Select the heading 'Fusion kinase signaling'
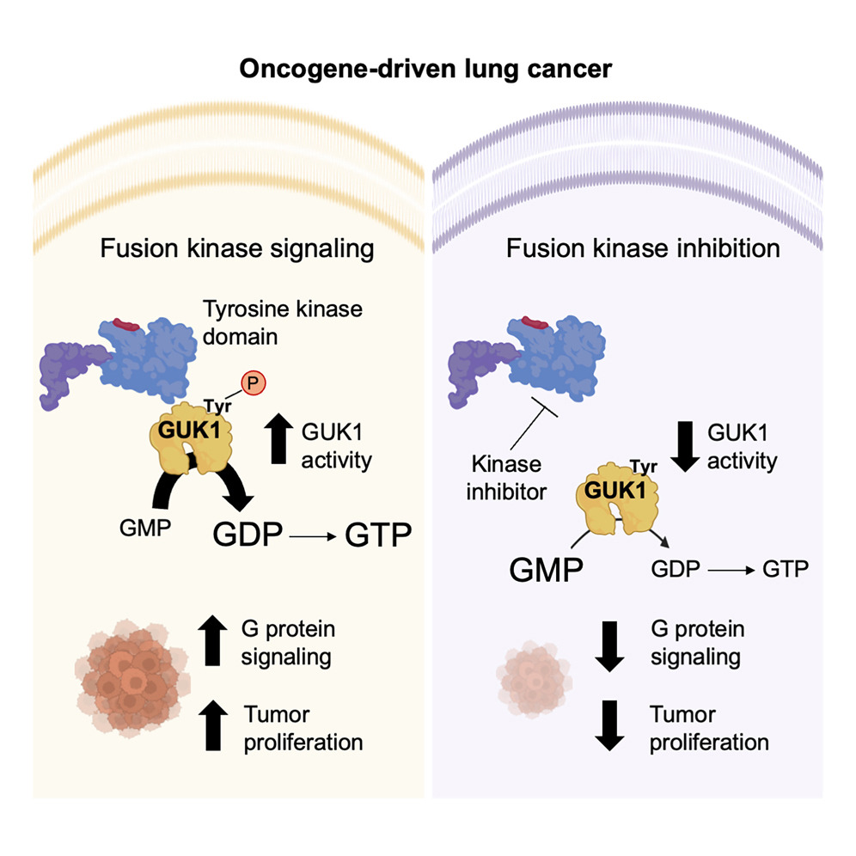(x=237, y=249)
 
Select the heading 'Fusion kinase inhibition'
(x=643, y=249)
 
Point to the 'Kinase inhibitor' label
(x=506, y=477)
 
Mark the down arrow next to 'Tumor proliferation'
(x=608, y=727)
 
